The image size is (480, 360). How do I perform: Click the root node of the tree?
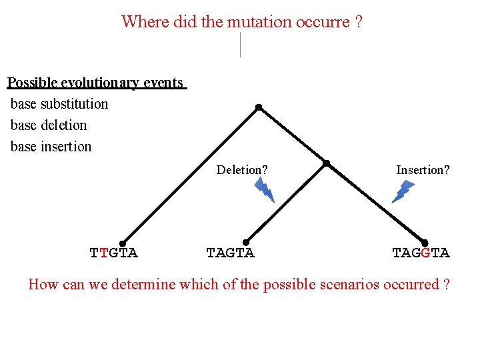(259, 107)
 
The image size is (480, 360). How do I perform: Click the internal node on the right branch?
(326, 163)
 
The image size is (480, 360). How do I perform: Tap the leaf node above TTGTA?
(123, 243)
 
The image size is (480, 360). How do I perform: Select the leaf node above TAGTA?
(246, 243)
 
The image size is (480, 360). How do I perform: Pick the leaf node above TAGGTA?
(425, 243)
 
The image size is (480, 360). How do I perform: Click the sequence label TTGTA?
(114, 253)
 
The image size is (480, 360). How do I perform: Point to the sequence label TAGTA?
(230, 253)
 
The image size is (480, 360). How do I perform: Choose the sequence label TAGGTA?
(421, 253)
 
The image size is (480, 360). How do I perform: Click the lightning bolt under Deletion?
(265, 191)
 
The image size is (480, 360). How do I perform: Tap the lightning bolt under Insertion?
(403, 191)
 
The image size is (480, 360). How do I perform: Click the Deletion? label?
(242, 170)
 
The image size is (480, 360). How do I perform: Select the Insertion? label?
(423, 170)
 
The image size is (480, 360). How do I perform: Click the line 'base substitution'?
(59, 104)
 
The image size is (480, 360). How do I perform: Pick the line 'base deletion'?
(49, 125)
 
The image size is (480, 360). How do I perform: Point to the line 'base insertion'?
(51, 147)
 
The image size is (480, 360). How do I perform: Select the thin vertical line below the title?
(240, 45)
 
